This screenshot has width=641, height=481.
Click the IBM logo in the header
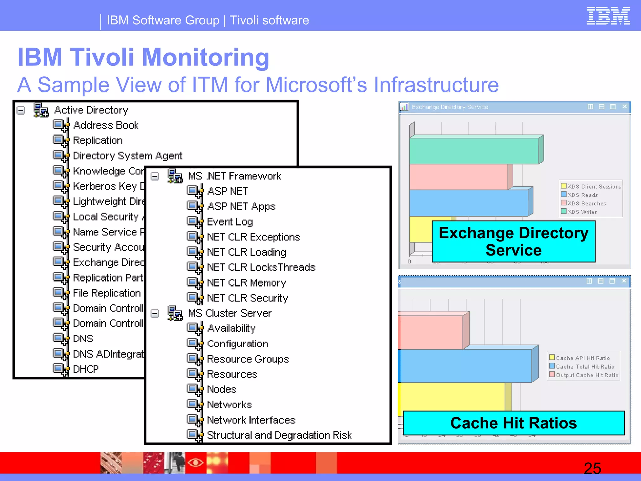(608, 16)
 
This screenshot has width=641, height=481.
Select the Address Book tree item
(106, 125)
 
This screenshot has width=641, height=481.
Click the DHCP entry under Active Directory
(85, 369)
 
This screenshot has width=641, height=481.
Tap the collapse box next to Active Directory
(21, 110)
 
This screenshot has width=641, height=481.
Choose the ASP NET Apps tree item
(241, 207)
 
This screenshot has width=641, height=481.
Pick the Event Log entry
(230, 222)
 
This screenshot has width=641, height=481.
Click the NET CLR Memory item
(246, 283)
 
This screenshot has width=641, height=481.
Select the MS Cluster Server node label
(230, 313)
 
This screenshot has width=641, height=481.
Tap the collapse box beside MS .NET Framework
(155, 176)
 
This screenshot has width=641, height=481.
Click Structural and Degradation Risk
(279, 435)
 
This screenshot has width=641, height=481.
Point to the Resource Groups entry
(248, 359)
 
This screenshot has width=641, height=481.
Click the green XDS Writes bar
(474, 151)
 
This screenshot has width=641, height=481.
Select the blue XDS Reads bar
(468, 203)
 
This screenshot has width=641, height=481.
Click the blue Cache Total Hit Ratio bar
(464, 366)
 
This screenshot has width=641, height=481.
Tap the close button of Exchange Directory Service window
(624, 107)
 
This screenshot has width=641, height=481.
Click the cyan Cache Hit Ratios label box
(513, 423)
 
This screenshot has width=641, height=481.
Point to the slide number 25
(592, 468)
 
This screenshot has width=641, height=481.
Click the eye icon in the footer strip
(196, 462)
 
